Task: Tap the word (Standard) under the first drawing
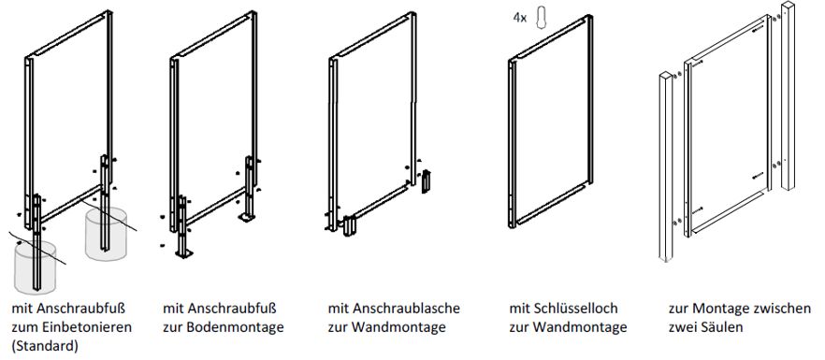pos(44,346)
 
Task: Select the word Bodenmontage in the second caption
pos(234,327)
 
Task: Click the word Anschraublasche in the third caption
pos(407,308)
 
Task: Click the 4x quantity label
pos(520,18)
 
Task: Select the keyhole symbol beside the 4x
pos(541,18)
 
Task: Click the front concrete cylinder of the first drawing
pos(35,268)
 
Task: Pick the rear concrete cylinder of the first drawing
pos(106,234)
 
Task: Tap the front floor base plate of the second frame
pos(183,254)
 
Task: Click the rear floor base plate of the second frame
pos(246,216)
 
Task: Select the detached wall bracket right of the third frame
pos(426,181)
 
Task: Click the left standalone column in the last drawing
pos(666,166)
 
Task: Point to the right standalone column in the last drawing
pos(788,95)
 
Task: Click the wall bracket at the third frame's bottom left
pos(349,226)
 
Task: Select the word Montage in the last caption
pos(720,308)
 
